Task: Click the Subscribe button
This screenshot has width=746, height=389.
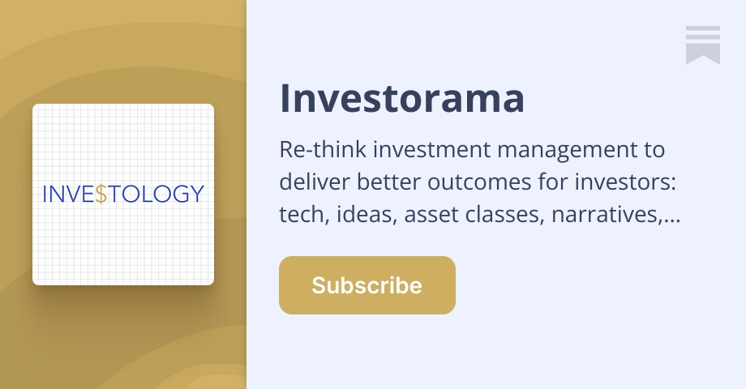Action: click(x=367, y=285)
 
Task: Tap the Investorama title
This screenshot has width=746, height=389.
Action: click(x=402, y=98)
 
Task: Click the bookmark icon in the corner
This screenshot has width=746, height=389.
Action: click(x=702, y=45)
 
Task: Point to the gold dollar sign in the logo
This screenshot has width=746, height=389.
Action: click(x=101, y=194)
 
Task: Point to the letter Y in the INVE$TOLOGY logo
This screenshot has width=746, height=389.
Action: click(x=195, y=194)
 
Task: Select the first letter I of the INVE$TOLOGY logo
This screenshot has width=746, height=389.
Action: click(x=45, y=194)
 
